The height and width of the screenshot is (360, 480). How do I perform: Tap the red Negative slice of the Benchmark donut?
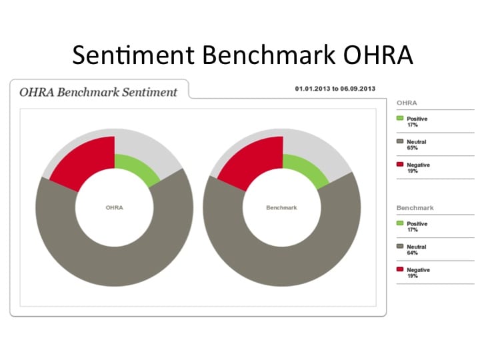254,161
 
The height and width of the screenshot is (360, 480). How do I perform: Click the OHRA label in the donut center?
114,207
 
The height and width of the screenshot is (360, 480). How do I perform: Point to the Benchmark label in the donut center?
281,207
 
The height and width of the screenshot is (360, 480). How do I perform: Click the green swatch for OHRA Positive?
400,118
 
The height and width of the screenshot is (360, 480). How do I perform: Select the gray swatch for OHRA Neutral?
400,141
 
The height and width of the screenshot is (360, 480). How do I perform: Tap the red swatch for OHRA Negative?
400,164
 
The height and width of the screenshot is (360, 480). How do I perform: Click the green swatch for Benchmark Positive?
400,223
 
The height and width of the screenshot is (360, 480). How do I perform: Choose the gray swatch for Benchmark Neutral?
400,246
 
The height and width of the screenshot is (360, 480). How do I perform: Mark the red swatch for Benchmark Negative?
400,269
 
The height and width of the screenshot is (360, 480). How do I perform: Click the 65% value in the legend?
413,148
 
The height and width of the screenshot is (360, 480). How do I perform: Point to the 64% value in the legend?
413,253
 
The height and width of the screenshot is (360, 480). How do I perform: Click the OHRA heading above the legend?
407,103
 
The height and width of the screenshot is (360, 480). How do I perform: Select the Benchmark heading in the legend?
415,208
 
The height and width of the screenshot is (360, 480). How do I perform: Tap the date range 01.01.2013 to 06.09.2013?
335,89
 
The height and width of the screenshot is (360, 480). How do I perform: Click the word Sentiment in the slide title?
133,55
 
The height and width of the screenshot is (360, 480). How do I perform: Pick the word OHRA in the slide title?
378,55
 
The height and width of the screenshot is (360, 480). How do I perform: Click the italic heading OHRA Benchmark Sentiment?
98,92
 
